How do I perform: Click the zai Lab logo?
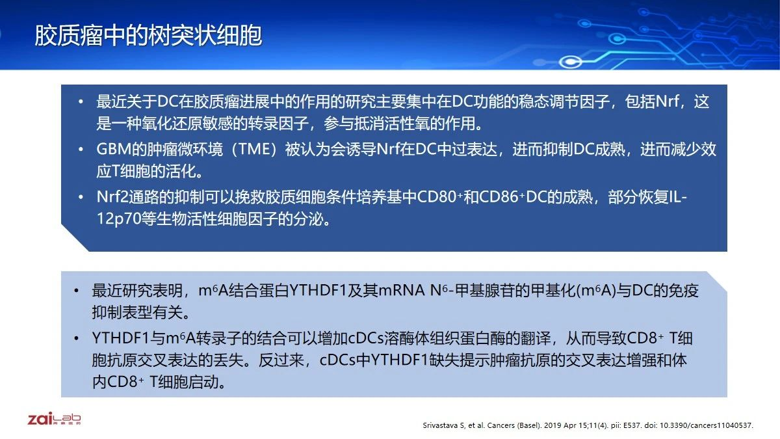coord(54,418)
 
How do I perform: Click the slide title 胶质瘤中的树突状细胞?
coord(148,36)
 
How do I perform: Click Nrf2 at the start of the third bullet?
coord(112,197)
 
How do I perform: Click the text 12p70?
coord(119,219)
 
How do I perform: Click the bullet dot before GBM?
coord(81,150)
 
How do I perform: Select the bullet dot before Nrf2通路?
coord(81,197)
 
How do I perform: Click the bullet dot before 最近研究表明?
coord(76,291)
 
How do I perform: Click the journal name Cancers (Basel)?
coord(514,425)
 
